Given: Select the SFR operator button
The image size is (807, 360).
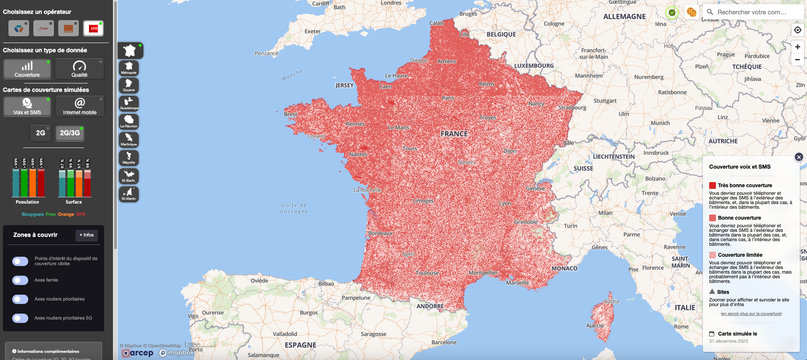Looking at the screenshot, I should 93,29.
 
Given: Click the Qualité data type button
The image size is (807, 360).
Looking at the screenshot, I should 79,69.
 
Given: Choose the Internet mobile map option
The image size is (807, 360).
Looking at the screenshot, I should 80,106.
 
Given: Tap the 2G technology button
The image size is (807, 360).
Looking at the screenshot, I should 40,133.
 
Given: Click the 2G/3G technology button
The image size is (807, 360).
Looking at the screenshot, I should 70,133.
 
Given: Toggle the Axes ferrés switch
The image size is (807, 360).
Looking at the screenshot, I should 20,280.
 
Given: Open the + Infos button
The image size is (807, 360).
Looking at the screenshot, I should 86,235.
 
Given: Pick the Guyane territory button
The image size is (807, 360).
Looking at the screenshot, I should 129,86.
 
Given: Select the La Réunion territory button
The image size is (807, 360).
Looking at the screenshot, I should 129,121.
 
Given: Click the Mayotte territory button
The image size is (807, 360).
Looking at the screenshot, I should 129,158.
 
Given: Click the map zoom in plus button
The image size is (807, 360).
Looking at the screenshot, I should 797,47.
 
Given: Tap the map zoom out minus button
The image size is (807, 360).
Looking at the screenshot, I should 797,59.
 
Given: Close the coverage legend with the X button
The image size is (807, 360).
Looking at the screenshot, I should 799,157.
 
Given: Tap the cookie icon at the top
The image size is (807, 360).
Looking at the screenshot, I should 691,12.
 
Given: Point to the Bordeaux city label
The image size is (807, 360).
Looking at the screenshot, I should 380,233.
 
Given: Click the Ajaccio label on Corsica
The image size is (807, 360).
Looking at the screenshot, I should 595,325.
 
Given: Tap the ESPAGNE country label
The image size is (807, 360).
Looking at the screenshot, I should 300,345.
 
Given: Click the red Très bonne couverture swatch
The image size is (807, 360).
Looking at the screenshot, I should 713,185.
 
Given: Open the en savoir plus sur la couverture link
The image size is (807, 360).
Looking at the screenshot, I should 751,314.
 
